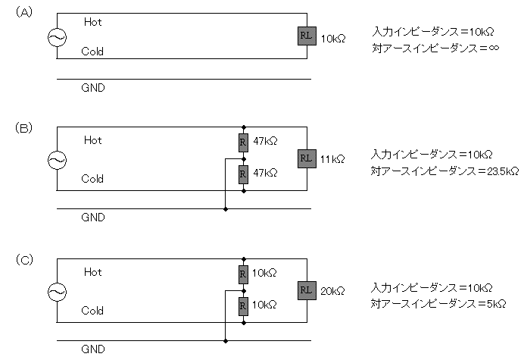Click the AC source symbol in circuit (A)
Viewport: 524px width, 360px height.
[x=57, y=38]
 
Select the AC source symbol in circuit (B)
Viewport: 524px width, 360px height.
[x=57, y=160]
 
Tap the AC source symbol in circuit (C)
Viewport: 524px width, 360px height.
[x=57, y=291]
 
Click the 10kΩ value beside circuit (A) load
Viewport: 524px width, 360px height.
[x=333, y=38]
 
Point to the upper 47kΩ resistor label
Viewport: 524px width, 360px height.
[x=264, y=140]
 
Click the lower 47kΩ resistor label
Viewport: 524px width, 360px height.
[x=264, y=174]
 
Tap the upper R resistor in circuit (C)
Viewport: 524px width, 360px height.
[x=243, y=273]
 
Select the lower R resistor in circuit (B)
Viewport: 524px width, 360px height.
[x=243, y=174]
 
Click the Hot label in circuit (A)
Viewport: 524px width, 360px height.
[x=92, y=23]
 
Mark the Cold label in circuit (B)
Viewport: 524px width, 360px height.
[x=92, y=180]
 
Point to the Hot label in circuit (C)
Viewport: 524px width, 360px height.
[x=92, y=271]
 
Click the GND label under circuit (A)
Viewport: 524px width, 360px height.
[x=92, y=88]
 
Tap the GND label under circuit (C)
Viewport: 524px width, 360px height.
[x=92, y=349]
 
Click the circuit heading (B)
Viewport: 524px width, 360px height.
[x=23, y=128]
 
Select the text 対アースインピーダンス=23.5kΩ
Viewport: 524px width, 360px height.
[x=445, y=171]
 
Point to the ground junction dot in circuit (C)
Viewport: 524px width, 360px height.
[x=226, y=340]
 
